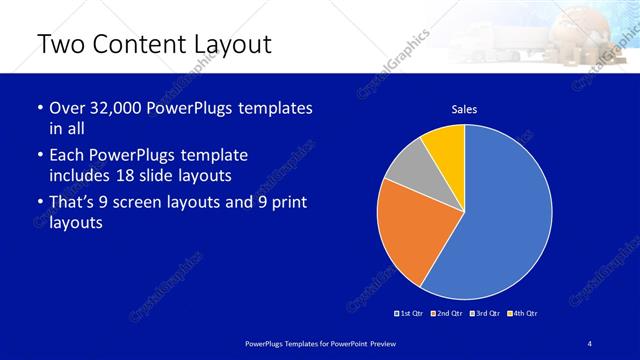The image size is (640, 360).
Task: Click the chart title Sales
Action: coord(464,108)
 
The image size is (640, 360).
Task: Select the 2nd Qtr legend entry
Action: coord(446,314)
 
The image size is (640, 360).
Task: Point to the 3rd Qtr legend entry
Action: coord(484,314)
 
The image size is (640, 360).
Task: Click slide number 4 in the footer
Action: coord(590,343)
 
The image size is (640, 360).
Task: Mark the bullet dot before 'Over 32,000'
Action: coord(38,108)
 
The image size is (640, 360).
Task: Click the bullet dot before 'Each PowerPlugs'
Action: coord(38,156)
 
